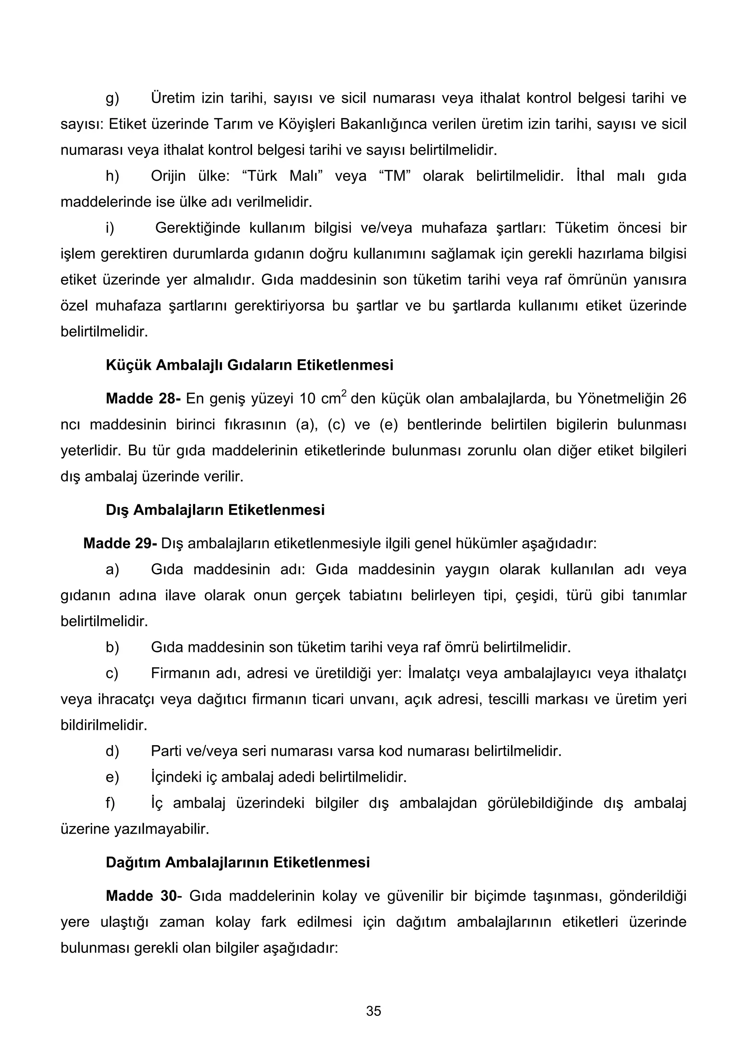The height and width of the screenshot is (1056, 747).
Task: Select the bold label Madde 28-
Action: pos(143,398)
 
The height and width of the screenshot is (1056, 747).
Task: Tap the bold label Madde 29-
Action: pos(120,543)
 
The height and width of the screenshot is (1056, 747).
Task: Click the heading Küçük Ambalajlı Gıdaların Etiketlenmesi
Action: pos(249,365)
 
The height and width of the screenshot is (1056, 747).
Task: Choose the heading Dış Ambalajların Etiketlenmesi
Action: pos(215,510)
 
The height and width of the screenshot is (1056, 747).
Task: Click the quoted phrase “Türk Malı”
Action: pos(282,176)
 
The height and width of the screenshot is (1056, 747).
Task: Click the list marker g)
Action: pos(112,98)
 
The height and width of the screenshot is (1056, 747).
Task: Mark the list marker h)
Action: pos(112,176)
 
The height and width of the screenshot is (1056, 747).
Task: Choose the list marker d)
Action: pos(112,751)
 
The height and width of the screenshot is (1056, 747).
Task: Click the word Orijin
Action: pos(169,176)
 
